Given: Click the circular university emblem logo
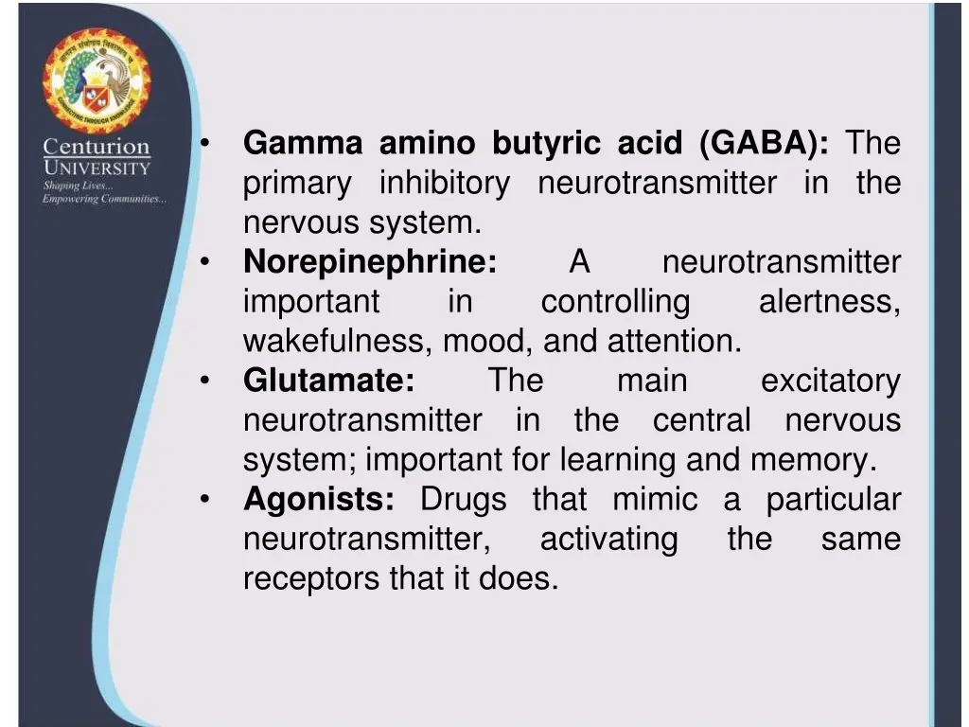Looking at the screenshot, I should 96,82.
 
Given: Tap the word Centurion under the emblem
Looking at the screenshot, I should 97,148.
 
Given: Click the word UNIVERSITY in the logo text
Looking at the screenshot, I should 97,168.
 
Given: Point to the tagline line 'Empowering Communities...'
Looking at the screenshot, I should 104,199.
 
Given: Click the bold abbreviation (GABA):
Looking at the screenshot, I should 765,144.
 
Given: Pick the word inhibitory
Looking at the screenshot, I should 444,183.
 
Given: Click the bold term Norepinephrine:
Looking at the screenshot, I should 370,262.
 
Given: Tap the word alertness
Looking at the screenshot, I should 829,302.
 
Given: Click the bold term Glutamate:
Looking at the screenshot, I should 328,381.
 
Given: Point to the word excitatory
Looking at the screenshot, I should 830,381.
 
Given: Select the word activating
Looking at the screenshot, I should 608,539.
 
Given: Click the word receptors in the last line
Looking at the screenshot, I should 311,578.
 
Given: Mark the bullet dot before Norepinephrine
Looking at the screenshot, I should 205,262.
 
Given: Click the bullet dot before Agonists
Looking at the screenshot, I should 205,499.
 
